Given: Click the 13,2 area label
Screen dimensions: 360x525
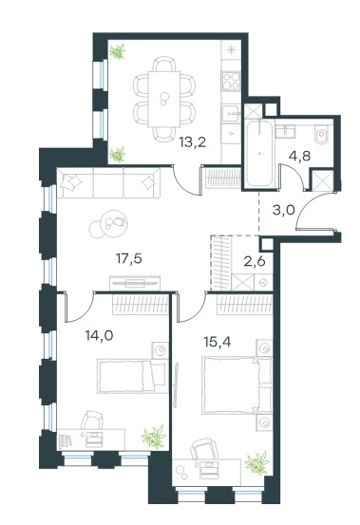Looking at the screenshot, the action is pos(192,143).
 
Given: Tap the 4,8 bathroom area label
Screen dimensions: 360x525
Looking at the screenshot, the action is pos(299,156).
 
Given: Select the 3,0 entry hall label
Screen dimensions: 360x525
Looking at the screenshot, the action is pos(283,210).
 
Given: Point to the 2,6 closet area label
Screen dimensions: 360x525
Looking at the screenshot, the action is pos(255,261).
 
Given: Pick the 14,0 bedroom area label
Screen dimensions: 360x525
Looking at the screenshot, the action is pos(99,335).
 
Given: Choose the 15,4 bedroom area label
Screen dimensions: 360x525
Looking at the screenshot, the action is pos(218,342).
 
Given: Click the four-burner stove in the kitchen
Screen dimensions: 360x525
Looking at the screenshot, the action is pos(231,82).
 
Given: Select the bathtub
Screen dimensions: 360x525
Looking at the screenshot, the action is pos(259,154).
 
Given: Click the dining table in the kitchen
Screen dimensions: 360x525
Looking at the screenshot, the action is pos(164,99).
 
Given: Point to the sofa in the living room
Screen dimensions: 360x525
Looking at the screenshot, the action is pos(108,183).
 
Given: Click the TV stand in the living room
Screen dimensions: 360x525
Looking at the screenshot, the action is pos(135,283).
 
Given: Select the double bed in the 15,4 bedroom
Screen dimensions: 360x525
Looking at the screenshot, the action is pos(237,385).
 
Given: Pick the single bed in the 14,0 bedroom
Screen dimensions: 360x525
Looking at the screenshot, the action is pos(133,376).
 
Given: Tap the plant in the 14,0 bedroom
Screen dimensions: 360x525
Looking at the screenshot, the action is pos(154,437).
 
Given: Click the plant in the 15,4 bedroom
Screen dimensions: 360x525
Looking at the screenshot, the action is pos(257,463).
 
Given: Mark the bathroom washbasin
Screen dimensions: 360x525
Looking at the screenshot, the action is pos(286,131).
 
